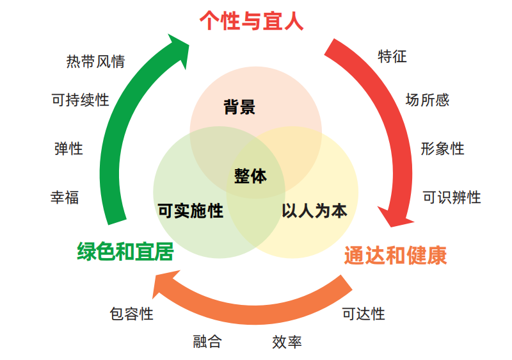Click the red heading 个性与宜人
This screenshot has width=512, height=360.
252,20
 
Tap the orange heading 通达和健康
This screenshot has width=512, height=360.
395,255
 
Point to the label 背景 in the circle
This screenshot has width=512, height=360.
239,107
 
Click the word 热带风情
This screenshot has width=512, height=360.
95,62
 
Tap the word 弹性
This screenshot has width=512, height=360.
68,149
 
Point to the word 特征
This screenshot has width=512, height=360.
392,56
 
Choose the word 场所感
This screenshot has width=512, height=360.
427,100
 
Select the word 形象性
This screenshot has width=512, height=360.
442,149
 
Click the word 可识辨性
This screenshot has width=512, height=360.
451,197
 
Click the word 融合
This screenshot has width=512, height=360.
207,341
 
